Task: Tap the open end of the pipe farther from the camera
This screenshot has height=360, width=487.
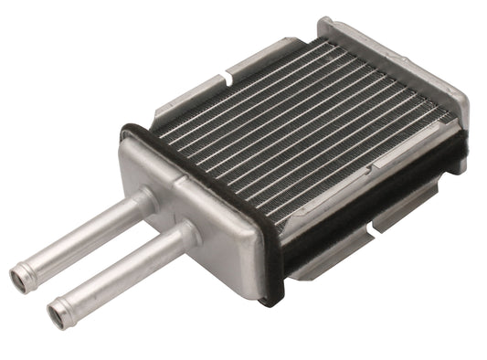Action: pos(17,276)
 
